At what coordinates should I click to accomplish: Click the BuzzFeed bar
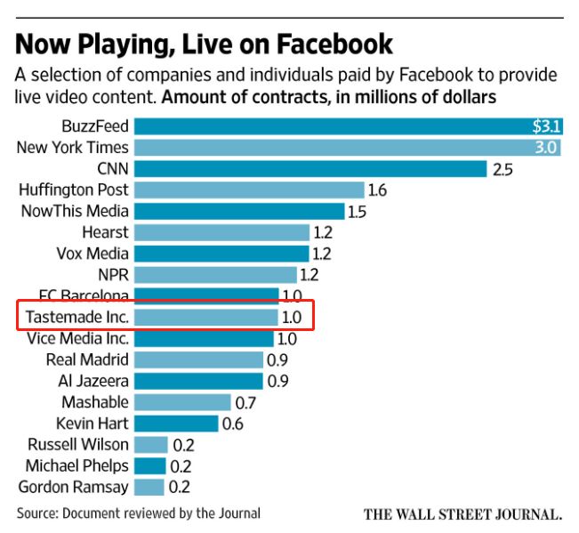[x=347, y=126]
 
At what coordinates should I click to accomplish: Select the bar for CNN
[x=310, y=168]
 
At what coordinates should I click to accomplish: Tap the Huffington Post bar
[x=249, y=190]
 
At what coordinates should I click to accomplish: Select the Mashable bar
[x=182, y=402]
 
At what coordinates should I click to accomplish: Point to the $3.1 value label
[x=545, y=126]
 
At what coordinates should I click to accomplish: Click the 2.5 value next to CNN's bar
[x=503, y=169]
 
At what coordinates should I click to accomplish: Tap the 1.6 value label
[x=377, y=190]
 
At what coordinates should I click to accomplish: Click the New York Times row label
[x=72, y=148]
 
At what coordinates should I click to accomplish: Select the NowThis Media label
[x=75, y=211]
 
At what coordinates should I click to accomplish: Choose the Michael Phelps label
[x=76, y=465]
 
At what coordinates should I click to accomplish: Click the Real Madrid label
[x=87, y=359]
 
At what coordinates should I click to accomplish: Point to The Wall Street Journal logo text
[x=462, y=514]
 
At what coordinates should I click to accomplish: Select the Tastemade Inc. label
[x=76, y=317]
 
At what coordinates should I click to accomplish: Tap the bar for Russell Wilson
[x=150, y=445]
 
